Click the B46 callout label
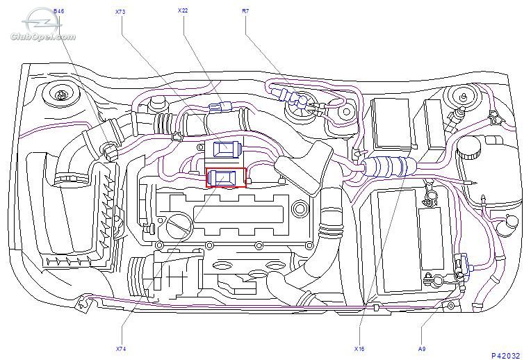[x=58, y=11]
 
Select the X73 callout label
[x=120, y=12]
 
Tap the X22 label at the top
[x=183, y=10]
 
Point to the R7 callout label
[x=245, y=11]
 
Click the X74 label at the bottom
[x=121, y=348]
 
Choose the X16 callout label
[x=359, y=348]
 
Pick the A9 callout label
[x=422, y=348]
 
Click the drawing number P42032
[x=505, y=356]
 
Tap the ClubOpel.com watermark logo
[x=42, y=26]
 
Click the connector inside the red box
[x=224, y=177]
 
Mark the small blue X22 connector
[x=220, y=107]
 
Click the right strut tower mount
[x=461, y=96]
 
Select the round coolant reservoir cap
[x=469, y=147]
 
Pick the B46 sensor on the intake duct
[x=110, y=151]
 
